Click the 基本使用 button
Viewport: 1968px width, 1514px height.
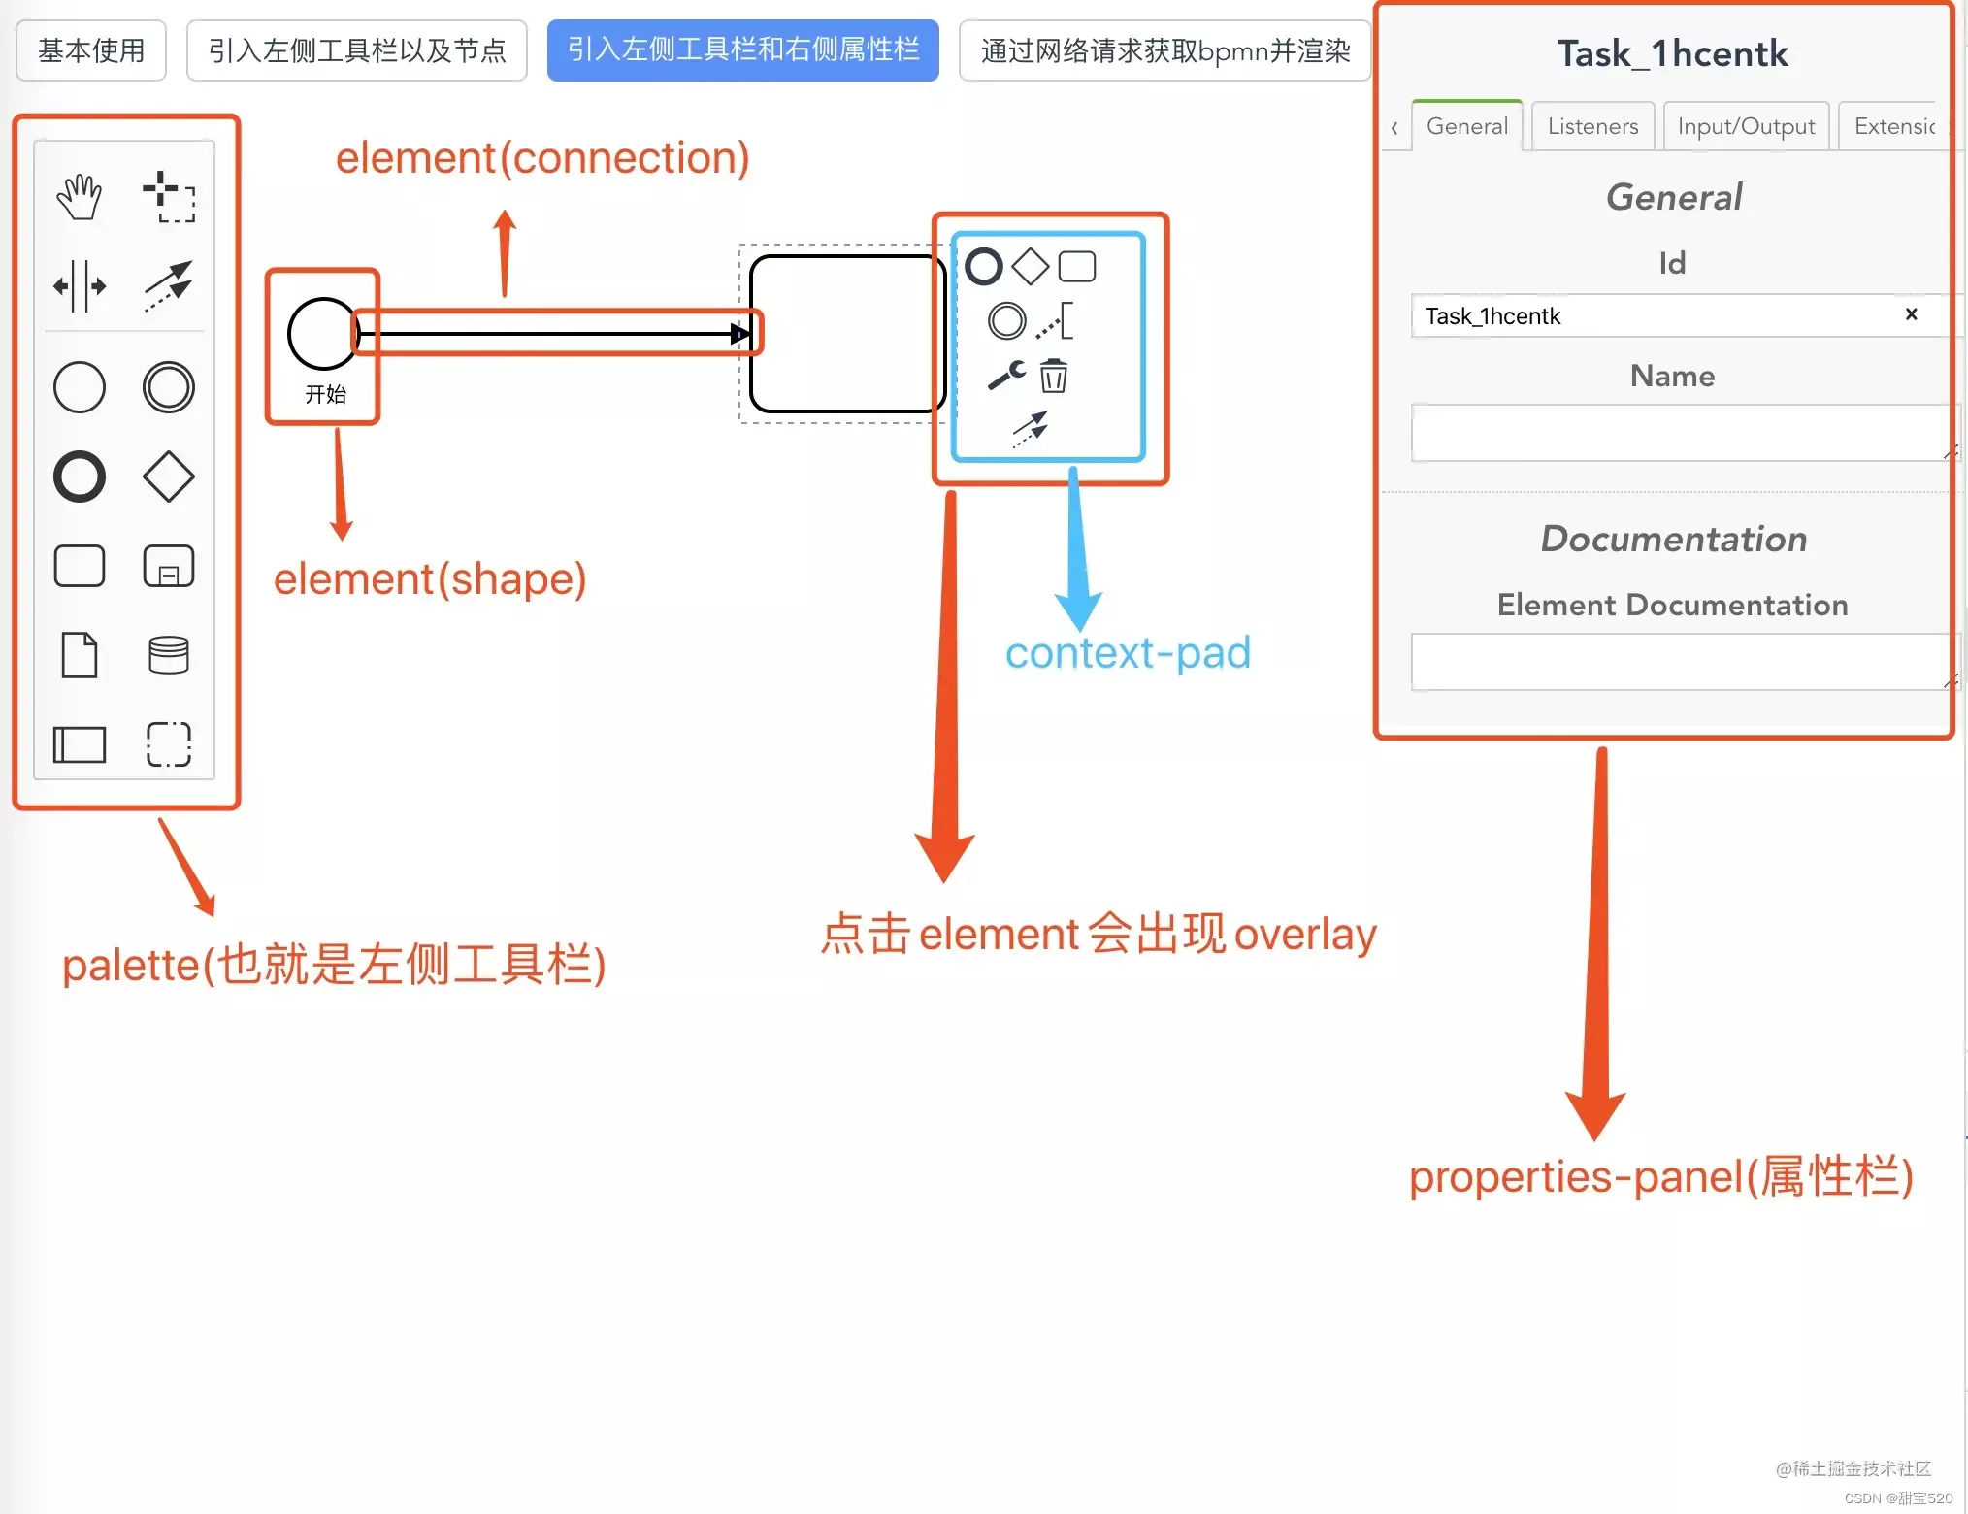click(91, 50)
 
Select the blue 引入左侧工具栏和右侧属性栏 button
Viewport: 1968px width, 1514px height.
click(742, 50)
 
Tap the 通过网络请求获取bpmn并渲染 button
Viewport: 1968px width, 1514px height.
click(1164, 50)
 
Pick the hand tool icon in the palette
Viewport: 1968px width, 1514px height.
click(79, 197)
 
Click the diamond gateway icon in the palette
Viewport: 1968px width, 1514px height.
click(169, 477)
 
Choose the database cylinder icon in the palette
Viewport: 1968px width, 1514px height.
click(169, 655)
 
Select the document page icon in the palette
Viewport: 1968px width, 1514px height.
click(80, 655)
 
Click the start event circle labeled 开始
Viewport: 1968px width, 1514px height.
click(323, 334)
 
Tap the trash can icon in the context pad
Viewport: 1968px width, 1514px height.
click(1054, 376)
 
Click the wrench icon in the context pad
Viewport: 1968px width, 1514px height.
click(1006, 375)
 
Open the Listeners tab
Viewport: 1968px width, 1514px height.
click(1592, 126)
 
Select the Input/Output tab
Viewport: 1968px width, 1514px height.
click(1746, 126)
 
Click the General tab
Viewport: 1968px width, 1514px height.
click(1466, 126)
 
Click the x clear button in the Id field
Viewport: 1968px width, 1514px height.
click(1911, 314)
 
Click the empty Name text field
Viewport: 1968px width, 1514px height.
click(1679, 433)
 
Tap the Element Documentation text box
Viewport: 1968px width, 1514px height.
click(1679, 662)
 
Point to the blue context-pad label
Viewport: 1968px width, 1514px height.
click(1128, 653)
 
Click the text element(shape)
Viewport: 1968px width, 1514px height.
click(430, 579)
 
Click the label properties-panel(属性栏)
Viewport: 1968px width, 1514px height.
click(1660, 1177)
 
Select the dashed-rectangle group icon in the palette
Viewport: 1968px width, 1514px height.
click(169, 744)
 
